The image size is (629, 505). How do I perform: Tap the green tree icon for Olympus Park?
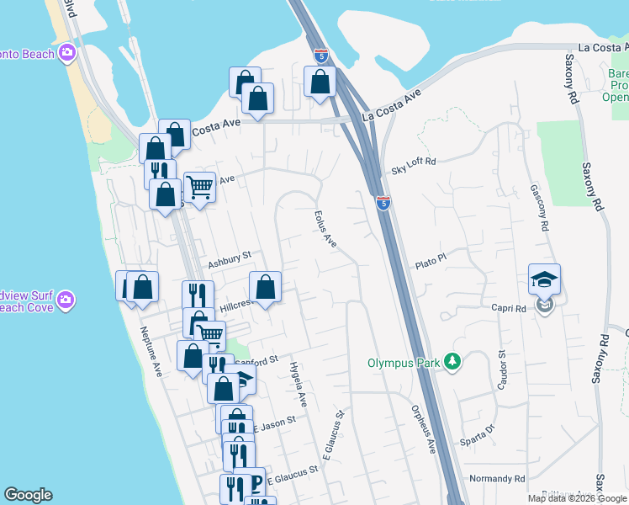coord(453,362)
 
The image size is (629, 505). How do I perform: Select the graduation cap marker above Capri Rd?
coord(544,279)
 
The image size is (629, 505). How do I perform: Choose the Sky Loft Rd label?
coord(415,170)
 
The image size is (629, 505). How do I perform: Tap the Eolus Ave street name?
coord(325,228)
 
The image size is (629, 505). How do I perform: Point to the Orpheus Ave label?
coord(422,428)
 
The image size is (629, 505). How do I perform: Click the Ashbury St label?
coord(230,256)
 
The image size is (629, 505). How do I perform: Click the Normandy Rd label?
coord(497,478)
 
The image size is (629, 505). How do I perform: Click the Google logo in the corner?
coord(29,495)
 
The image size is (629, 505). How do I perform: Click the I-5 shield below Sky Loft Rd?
coord(383,203)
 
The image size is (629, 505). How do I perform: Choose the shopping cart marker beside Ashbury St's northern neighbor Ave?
coord(199,187)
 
